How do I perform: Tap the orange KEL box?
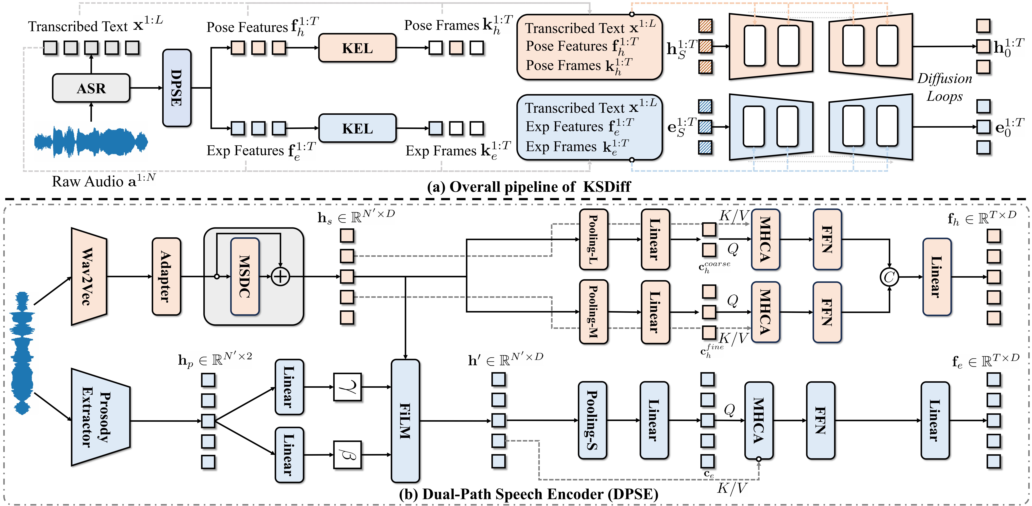point(357,48)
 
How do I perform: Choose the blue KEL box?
point(357,128)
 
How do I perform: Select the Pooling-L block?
point(593,239)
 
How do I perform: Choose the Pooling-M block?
point(593,311)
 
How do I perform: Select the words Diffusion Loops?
point(945,87)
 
